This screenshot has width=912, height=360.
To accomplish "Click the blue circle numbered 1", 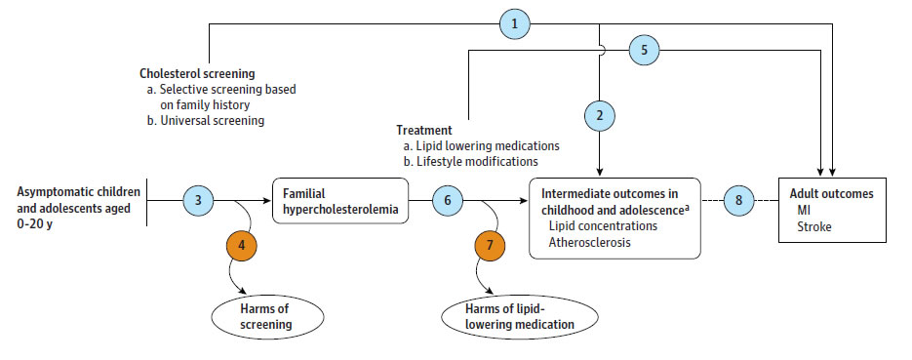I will coord(514,22).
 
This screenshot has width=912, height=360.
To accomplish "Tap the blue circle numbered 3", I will coord(198,201).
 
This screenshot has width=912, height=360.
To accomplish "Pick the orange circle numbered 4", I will coord(240,247).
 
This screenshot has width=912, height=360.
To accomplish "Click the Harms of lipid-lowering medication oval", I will coord(512,317).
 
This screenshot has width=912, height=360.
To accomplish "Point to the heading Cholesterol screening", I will coord(196,72).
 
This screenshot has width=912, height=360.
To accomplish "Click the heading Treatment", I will coord(423,130).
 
